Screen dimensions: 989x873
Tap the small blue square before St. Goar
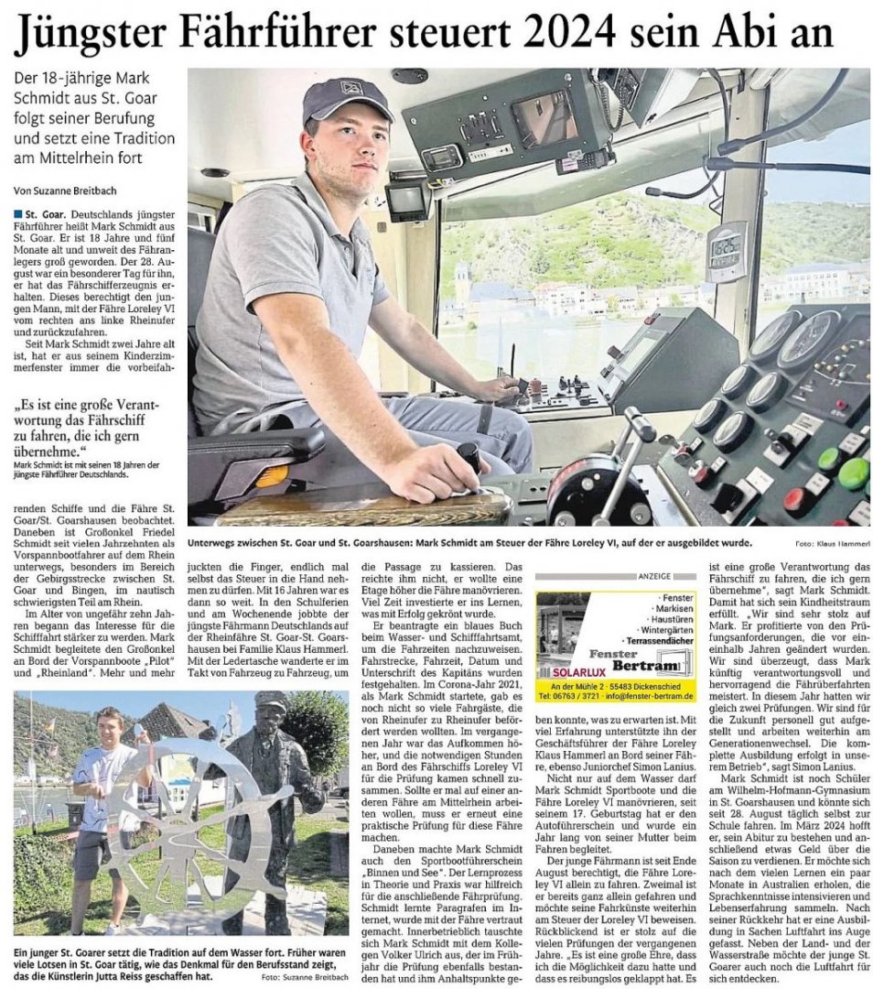click(18, 213)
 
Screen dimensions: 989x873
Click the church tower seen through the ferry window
click(461, 284)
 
